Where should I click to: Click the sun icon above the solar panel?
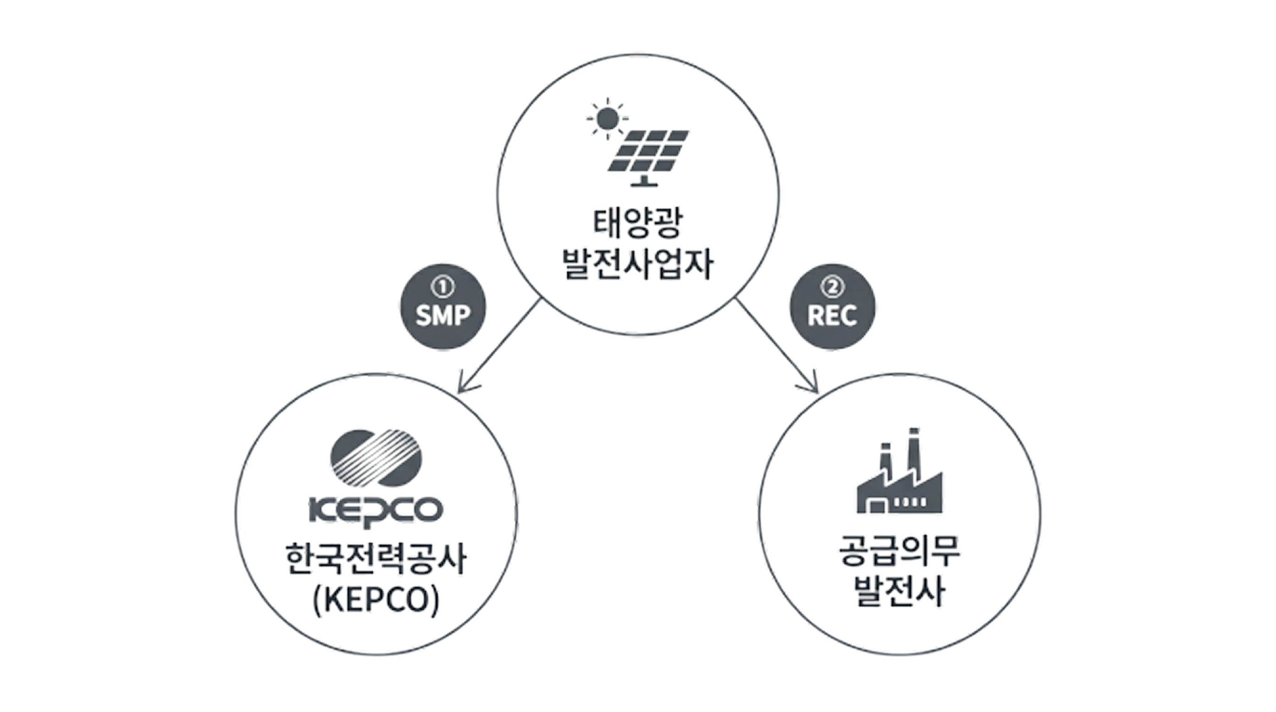click(x=607, y=119)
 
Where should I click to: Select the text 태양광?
click(x=638, y=223)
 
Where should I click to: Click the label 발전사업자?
click(x=638, y=263)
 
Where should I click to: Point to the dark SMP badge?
click(x=443, y=306)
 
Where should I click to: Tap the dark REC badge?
click(x=832, y=306)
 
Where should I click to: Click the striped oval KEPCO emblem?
click(x=376, y=458)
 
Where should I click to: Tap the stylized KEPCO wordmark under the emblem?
click(x=376, y=510)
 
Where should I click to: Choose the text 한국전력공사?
click(x=376, y=559)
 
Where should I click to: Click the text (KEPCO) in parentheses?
click(x=376, y=600)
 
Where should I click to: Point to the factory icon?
click(x=900, y=470)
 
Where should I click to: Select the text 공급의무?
click(x=900, y=551)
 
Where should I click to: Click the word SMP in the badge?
click(x=443, y=315)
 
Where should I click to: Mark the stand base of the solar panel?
click(x=644, y=184)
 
